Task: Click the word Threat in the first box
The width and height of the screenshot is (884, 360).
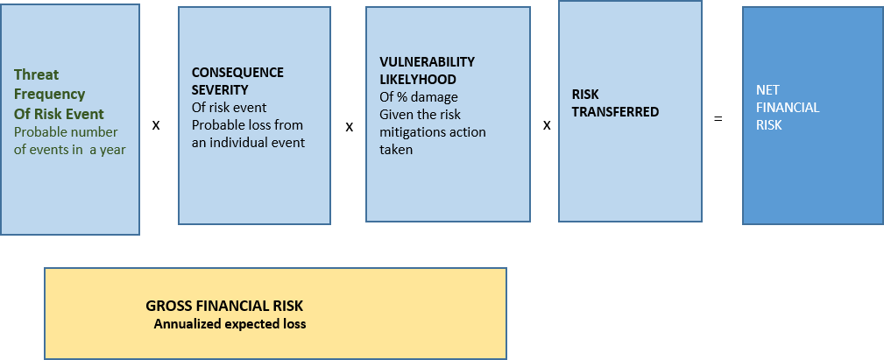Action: (x=37, y=74)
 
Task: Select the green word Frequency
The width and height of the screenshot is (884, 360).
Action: (x=50, y=94)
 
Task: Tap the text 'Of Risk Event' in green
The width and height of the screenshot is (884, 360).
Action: (x=60, y=114)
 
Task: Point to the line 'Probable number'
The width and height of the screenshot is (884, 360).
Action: (x=66, y=132)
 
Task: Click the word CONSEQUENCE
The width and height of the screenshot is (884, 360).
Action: (x=238, y=73)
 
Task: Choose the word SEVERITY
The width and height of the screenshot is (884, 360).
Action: (x=220, y=90)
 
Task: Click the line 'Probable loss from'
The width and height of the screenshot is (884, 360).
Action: (x=247, y=124)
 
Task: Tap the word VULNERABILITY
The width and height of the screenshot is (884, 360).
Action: (x=428, y=61)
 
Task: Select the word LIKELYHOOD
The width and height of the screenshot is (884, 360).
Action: (x=418, y=79)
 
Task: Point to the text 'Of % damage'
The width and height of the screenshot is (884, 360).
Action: (x=419, y=97)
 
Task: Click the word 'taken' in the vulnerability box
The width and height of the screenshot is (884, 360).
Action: (x=396, y=150)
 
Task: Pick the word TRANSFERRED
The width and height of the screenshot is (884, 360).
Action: (x=616, y=112)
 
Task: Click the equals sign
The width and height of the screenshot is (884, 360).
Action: (x=718, y=119)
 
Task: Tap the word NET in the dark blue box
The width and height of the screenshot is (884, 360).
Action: (x=767, y=90)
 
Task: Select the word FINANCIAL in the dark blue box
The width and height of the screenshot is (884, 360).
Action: (x=789, y=108)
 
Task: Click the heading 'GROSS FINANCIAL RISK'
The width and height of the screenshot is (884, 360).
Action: (x=224, y=306)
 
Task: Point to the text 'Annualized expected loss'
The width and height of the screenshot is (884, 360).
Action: (x=230, y=324)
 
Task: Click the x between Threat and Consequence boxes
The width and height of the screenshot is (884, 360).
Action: (x=156, y=125)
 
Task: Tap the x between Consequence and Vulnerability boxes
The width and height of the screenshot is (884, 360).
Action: (x=350, y=127)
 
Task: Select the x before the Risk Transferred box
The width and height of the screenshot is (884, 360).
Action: (x=547, y=125)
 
